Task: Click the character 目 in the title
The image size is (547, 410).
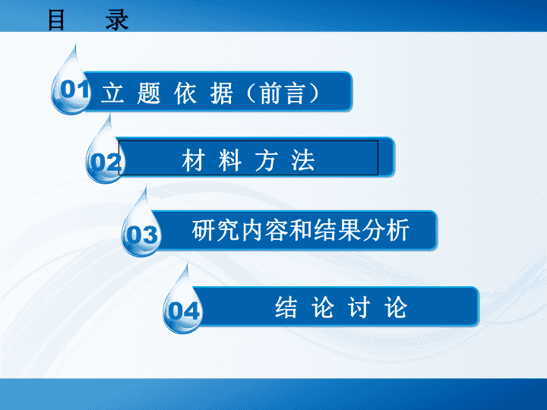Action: (55, 20)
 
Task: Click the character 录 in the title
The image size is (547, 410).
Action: (117, 20)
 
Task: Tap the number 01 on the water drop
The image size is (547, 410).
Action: (74, 89)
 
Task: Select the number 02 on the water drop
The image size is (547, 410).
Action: (106, 162)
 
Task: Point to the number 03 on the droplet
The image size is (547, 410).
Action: (142, 235)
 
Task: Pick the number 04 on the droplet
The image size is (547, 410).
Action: (184, 311)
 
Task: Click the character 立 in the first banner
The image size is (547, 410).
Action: (112, 93)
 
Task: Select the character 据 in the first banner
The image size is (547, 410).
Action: (221, 93)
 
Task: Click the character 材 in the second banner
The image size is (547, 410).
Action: (193, 160)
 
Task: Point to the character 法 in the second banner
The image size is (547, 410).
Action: (303, 160)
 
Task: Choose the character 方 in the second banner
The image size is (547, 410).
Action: (266, 160)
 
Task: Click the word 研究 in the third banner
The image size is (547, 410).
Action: (216, 230)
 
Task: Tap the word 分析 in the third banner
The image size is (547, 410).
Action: (385, 230)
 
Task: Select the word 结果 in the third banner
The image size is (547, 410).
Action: (337, 230)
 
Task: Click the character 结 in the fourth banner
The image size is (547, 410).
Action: (286, 307)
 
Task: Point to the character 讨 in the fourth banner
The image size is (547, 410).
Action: (359, 307)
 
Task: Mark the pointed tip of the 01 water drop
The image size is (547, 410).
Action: (75, 45)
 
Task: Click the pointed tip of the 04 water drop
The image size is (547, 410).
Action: (188, 264)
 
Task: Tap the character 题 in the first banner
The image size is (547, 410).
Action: (149, 93)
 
